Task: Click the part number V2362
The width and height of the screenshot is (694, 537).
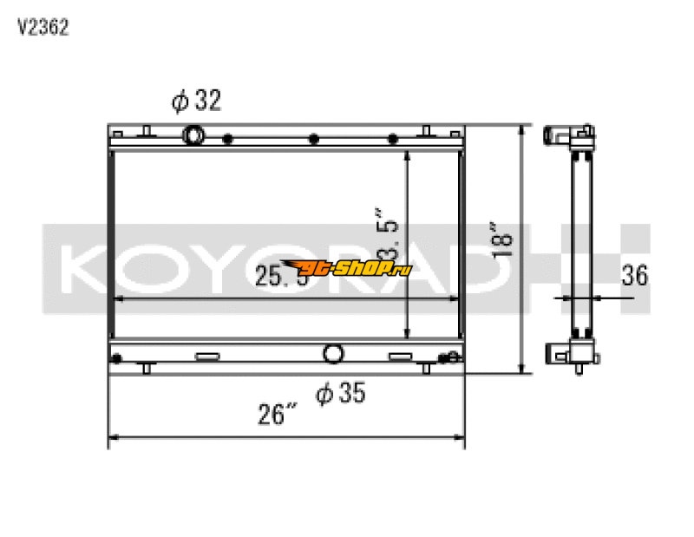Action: coord(43,27)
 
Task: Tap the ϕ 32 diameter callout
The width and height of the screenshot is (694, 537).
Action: coord(197,102)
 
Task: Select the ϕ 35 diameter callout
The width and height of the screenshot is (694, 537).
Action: coord(341,394)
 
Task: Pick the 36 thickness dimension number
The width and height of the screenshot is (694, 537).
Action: coord(635,276)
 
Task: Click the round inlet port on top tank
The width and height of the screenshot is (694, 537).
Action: coord(193,135)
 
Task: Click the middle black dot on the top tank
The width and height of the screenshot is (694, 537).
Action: coord(313,139)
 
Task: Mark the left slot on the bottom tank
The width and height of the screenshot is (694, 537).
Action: coord(208,356)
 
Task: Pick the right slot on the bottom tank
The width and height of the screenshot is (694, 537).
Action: coord(400,356)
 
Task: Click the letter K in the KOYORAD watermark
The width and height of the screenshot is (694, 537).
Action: coord(82,268)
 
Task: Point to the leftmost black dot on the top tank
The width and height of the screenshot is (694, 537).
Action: coord(227,139)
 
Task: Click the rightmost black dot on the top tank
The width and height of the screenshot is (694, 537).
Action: coord(393,139)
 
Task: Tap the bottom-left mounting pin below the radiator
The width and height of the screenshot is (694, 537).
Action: coord(146,369)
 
